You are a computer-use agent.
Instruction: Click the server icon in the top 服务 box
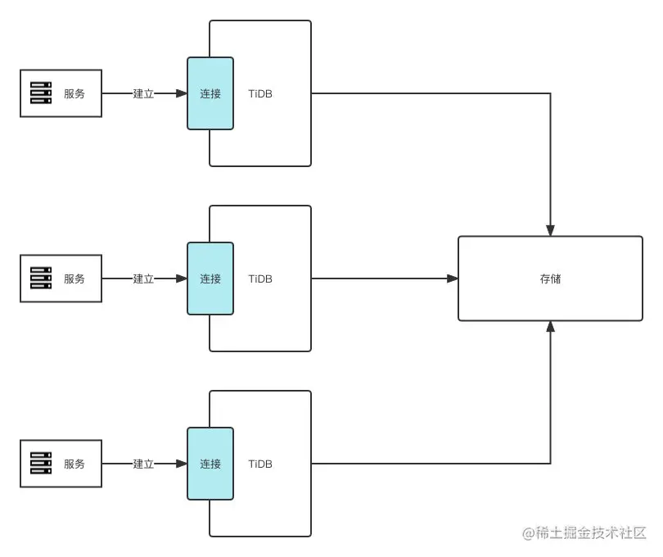(41, 93)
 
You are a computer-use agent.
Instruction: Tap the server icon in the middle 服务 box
(41, 278)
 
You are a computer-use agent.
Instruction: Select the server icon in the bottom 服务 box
(41, 464)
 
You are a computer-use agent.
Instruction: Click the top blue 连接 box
(210, 93)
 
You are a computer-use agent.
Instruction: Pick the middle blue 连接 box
(210, 278)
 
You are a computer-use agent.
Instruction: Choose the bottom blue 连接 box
(210, 464)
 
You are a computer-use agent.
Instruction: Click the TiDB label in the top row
(260, 93)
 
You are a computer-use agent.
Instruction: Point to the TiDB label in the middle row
(260, 278)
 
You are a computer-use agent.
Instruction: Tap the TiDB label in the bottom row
(260, 464)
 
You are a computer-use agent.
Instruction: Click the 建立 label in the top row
(143, 93)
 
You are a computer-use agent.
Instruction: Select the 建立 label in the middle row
(143, 278)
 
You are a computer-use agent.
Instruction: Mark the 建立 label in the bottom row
(143, 464)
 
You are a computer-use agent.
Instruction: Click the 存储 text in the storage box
(550, 278)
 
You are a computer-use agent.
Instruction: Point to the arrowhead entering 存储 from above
(551, 230)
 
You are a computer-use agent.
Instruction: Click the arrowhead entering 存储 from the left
(453, 278)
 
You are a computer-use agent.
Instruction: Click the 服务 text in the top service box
(74, 93)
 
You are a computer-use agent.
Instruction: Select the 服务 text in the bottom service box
(74, 464)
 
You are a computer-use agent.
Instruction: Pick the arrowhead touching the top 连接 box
(182, 93)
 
